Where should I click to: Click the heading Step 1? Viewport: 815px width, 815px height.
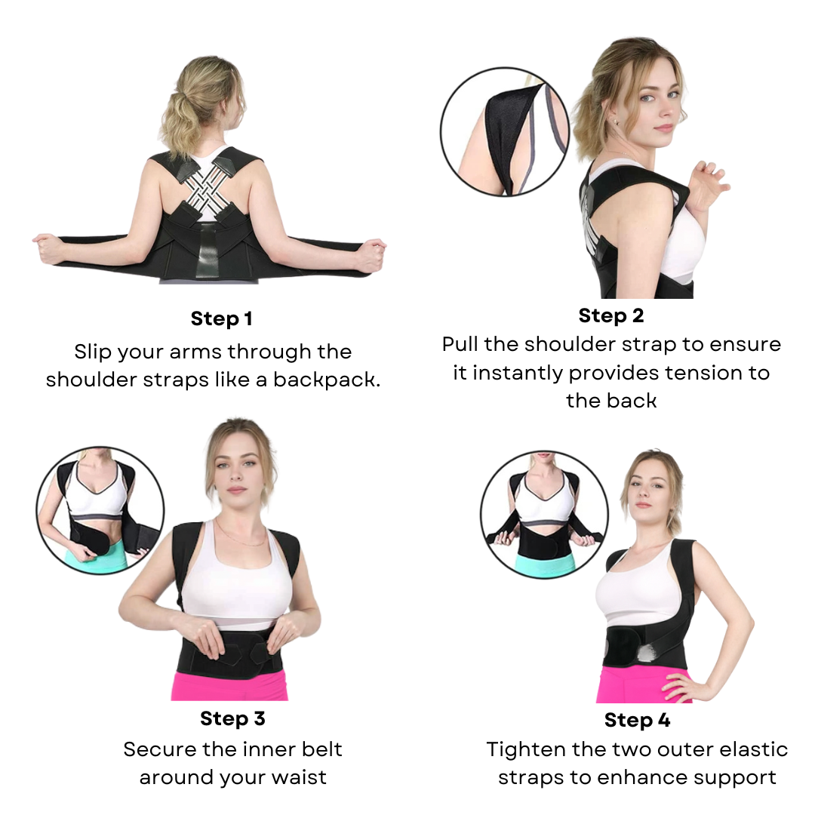[x=221, y=318]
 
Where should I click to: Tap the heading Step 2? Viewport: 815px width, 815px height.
[x=611, y=315]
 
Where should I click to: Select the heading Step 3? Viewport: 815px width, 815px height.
[x=233, y=718]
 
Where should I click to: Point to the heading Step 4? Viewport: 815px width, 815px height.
[x=637, y=720]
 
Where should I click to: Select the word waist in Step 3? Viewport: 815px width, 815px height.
[x=300, y=777]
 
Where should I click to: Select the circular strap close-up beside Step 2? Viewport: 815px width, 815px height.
[x=505, y=132]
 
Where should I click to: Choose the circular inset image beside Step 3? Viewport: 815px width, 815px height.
[x=100, y=510]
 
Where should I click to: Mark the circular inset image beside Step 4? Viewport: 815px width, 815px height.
[x=545, y=515]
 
